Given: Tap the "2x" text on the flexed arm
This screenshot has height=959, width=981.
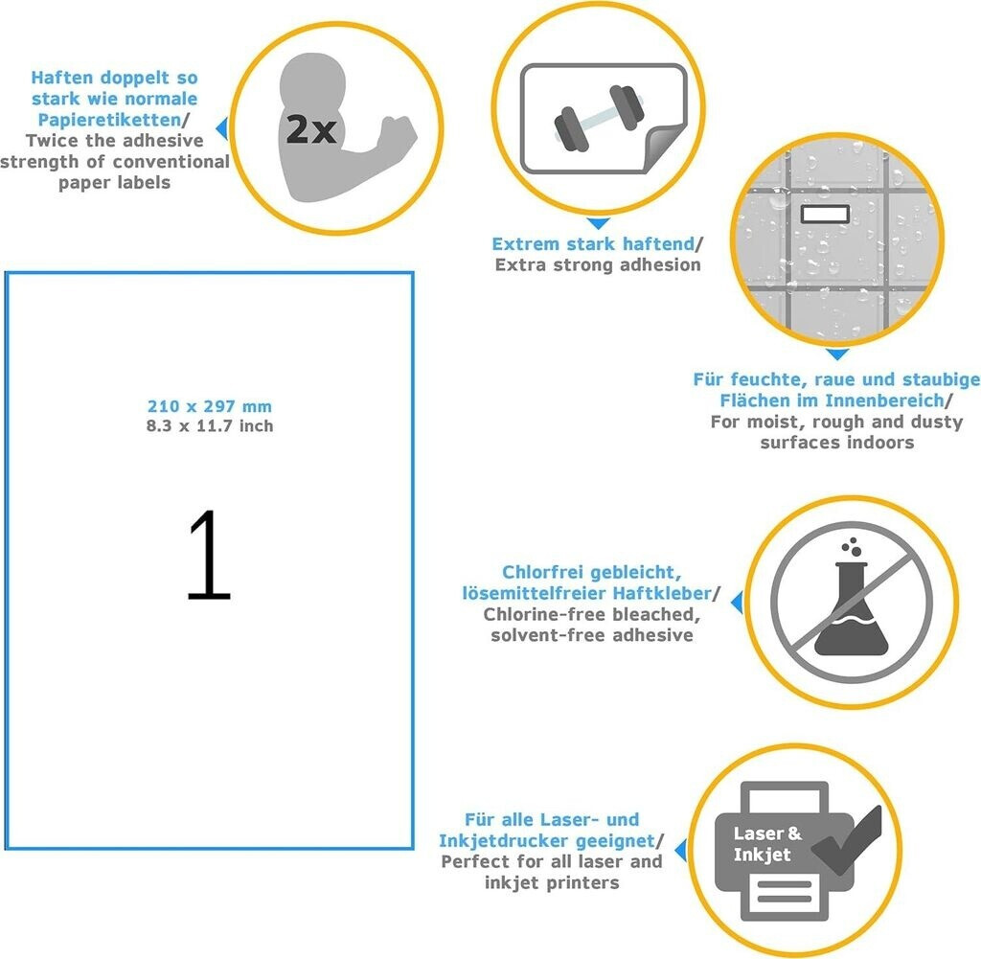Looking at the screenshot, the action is pyautogui.click(x=311, y=129).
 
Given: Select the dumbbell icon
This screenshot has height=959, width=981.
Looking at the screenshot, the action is pyautogui.click(x=599, y=118).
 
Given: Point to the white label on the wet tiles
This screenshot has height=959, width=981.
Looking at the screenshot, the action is pyautogui.click(x=825, y=214).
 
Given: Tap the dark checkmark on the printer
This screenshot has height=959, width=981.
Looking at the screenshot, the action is pyautogui.click(x=847, y=840).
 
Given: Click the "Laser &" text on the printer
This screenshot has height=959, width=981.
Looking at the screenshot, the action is pyautogui.click(x=767, y=833).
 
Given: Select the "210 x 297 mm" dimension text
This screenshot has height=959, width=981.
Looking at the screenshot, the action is pyautogui.click(x=210, y=406).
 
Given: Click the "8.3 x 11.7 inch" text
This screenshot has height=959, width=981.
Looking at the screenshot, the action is pyautogui.click(x=210, y=426).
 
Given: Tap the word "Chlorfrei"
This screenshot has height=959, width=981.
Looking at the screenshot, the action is pyautogui.click(x=543, y=572).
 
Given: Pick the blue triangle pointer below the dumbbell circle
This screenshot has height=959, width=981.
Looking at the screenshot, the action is pyautogui.click(x=599, y=223).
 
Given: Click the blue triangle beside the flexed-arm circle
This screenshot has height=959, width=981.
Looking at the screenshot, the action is pyautogui.click(x=222, y=128).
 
